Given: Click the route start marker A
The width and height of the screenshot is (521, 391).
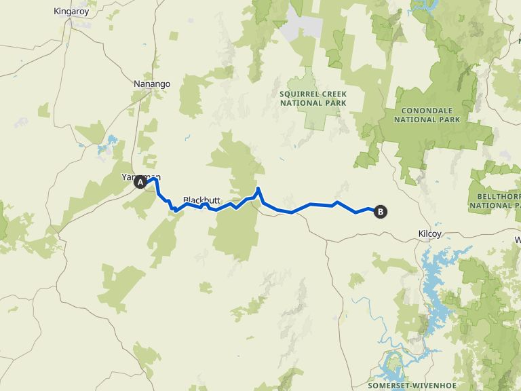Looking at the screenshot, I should tap(140, 182).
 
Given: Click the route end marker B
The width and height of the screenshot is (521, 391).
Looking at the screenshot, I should tap(381, 212).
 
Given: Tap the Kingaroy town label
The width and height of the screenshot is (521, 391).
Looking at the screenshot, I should tap(72, 12).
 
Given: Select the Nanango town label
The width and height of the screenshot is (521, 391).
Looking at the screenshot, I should tap(151, 84).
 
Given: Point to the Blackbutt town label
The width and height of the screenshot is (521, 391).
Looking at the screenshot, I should tap(202, 200).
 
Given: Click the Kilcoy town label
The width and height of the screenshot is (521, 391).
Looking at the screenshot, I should tap(430, 234).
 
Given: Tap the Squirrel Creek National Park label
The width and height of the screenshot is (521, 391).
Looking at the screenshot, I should tap(313, 98).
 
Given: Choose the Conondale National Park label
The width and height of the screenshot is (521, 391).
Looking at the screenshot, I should tap(431, 115).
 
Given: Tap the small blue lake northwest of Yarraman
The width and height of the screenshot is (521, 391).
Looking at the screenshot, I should tap(107, 146).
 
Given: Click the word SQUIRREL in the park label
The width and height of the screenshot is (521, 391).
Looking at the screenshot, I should tap(296, 94).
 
